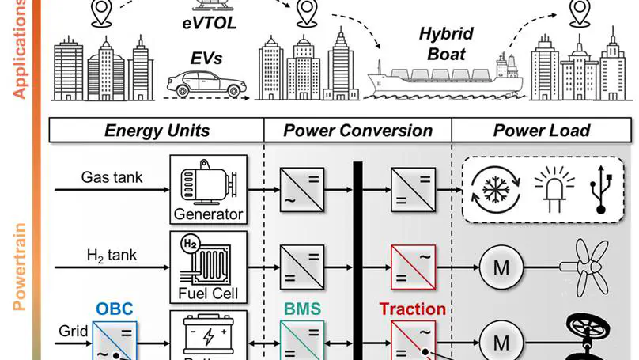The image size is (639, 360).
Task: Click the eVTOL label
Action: pyautogui.click(x=204, y=23)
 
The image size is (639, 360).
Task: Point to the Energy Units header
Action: pyautogui.click(x=157, y=131)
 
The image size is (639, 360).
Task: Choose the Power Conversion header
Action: pyautogui.click(x=357, y=131)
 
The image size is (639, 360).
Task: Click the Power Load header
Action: pyautogui.click(x=542, y=131)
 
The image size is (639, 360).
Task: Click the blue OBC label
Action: pyautogui.click(x=115, y=309)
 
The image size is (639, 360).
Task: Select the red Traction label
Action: pyautogui.click(x=412, y=309)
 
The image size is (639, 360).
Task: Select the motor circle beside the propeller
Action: pyautogui.click(x=501, y=267)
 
